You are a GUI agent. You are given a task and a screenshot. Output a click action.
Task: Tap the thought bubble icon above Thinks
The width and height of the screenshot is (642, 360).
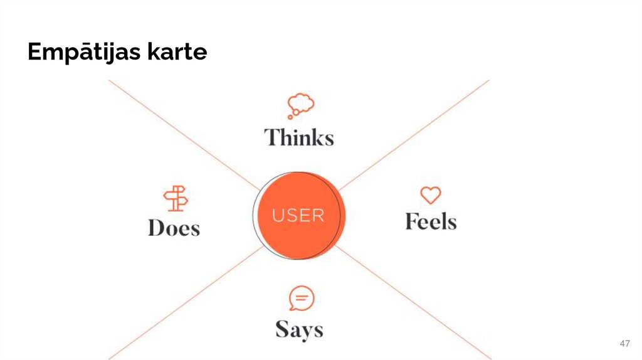point(301,103)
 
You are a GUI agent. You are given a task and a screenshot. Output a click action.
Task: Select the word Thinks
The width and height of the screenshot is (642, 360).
point(299,137)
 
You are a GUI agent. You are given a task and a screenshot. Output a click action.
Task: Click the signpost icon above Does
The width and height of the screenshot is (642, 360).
point(176,198)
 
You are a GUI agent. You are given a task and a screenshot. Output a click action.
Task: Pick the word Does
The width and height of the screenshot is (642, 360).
point(174,228)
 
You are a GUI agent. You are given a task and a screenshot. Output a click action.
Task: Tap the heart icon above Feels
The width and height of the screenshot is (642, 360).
point(430,195)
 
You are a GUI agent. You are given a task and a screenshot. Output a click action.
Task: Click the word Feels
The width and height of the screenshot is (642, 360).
point(431,221)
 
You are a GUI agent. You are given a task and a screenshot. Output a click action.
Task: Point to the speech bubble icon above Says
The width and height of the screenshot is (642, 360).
point(302,299)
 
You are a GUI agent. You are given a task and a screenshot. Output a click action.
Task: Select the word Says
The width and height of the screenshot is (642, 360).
point(299,329)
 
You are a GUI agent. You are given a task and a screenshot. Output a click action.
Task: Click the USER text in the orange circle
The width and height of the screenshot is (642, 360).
point(298,216)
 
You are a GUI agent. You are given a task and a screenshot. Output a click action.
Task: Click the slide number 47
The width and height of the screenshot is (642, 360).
point(624,344)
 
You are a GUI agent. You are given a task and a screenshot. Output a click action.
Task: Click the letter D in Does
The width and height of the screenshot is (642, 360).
point(156,228)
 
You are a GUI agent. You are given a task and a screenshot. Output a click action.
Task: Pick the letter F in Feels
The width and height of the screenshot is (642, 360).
point(412,221)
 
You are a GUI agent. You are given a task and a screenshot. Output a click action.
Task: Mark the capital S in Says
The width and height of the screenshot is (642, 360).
point(283,329)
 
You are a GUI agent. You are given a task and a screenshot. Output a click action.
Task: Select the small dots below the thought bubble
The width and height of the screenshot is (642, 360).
point(291,115)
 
